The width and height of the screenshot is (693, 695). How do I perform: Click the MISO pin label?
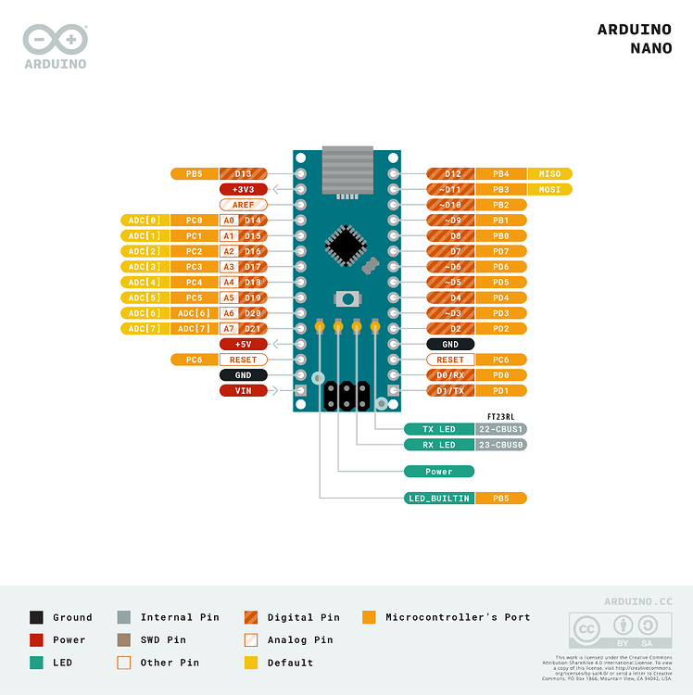(x=549, y=173)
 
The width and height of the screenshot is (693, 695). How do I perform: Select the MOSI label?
(x=549, y=189)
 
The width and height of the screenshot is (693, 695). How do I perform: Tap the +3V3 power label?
(x=244, y=189)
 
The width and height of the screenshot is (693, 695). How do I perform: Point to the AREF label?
(x=244, y=205)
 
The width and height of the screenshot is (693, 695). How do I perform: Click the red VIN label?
(x=244, y=390)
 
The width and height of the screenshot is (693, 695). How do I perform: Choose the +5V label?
(x=244, y=344)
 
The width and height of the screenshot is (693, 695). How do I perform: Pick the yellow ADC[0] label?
(x=145, y=221)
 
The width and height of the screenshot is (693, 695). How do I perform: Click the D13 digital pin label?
(x=244, y=173)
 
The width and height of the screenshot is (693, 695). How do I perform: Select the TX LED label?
(x=439, y=429)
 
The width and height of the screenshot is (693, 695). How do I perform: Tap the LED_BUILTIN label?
(x=439, y=499)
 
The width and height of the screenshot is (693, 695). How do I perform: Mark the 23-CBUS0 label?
(x=501, y=445)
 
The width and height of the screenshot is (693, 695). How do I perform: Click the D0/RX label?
(x=450, y=374)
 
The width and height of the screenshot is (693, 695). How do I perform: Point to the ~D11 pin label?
(x=450, y=189)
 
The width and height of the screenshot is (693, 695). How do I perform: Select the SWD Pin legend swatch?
(x=124, y=640)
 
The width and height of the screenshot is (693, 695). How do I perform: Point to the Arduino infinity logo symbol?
(x=55, y=40)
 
